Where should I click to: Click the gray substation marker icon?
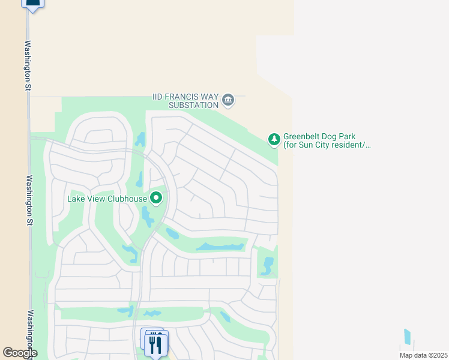point(228,100)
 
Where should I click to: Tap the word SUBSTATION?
point(193,106)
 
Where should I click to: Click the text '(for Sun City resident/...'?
point(327,145)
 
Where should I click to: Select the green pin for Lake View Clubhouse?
point(156,197)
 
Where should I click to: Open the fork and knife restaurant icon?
point(155,344)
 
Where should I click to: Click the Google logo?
point(19,353)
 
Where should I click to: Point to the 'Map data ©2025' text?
point(423,355)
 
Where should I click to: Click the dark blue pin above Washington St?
point(33,4)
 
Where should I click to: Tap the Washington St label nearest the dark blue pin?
point(28,65)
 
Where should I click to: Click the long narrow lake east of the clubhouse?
point(220,247)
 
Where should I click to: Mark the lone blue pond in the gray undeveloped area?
point(408,336)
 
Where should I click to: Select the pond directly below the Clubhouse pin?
point(147,217)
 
